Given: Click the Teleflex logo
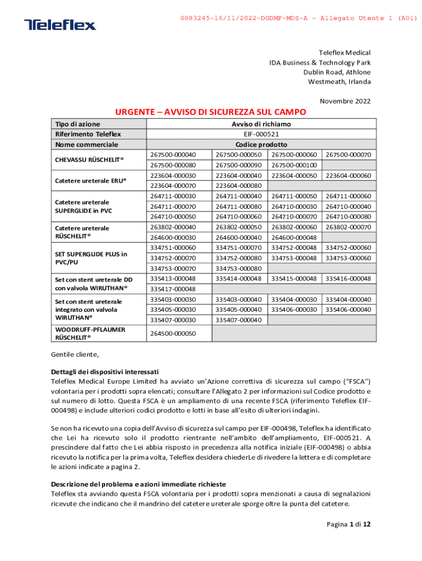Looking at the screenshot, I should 60,25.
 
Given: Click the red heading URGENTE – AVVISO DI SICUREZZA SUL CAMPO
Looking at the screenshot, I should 210,112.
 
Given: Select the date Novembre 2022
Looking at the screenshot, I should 345,101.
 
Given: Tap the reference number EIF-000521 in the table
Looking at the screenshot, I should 261,134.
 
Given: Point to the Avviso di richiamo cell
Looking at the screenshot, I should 261,124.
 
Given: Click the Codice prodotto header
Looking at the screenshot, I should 261,145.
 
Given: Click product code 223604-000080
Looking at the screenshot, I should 239,186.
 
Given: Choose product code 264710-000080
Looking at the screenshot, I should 349,216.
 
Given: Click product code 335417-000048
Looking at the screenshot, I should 173,289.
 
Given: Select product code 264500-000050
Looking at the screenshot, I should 173,334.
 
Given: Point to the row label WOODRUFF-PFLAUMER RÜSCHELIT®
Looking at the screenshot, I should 89,334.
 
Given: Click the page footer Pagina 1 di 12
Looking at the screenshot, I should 349,524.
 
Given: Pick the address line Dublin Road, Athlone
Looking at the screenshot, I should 337,72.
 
